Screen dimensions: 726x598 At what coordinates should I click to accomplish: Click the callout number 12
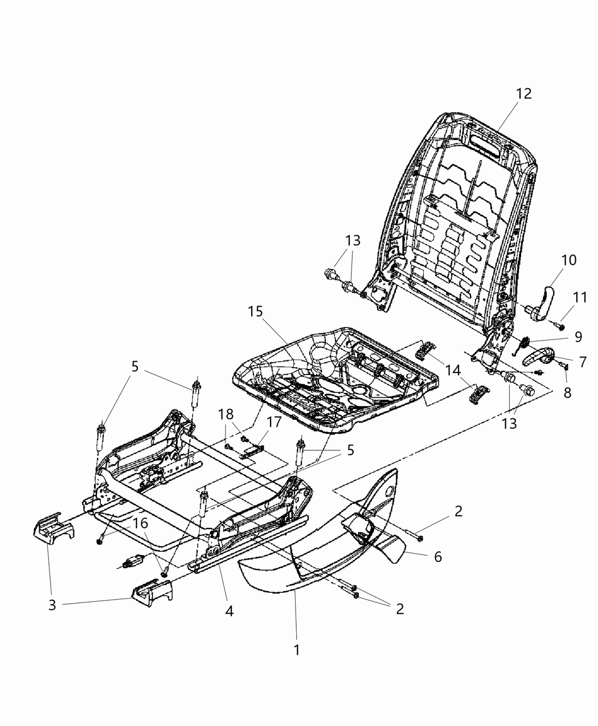(x=523, y=94)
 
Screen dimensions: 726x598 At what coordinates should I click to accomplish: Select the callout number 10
(x=568, y=260)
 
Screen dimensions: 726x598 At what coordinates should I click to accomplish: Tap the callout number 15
(x=256, y=312)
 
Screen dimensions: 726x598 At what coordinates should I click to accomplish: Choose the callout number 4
(x=229, y=611)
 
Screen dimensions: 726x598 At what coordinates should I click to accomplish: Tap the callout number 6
(x=437, y=556)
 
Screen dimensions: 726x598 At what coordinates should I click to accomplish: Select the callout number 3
(x=52, y=605)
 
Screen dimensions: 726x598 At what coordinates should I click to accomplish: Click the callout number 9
(x=578, y=337)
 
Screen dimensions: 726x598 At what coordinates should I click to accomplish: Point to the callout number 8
(x=567, y=392)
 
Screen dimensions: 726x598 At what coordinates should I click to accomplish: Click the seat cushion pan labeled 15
(x=336, y=376)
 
